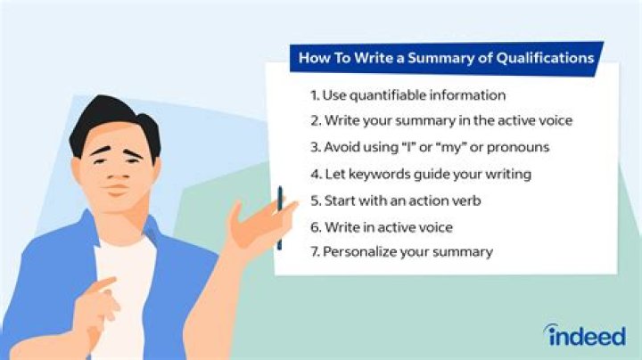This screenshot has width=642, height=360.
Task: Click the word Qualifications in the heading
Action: click(545, 59)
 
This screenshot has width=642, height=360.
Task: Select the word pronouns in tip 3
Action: click(521, 146)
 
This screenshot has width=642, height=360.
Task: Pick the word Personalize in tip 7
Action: click(362, 252)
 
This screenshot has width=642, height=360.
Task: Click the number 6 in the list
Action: click(314, 226)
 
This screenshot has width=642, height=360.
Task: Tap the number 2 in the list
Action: click(314, 120)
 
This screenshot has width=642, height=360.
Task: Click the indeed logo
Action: click(585, 335)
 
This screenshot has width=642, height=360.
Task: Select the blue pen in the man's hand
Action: click(279, 218)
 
